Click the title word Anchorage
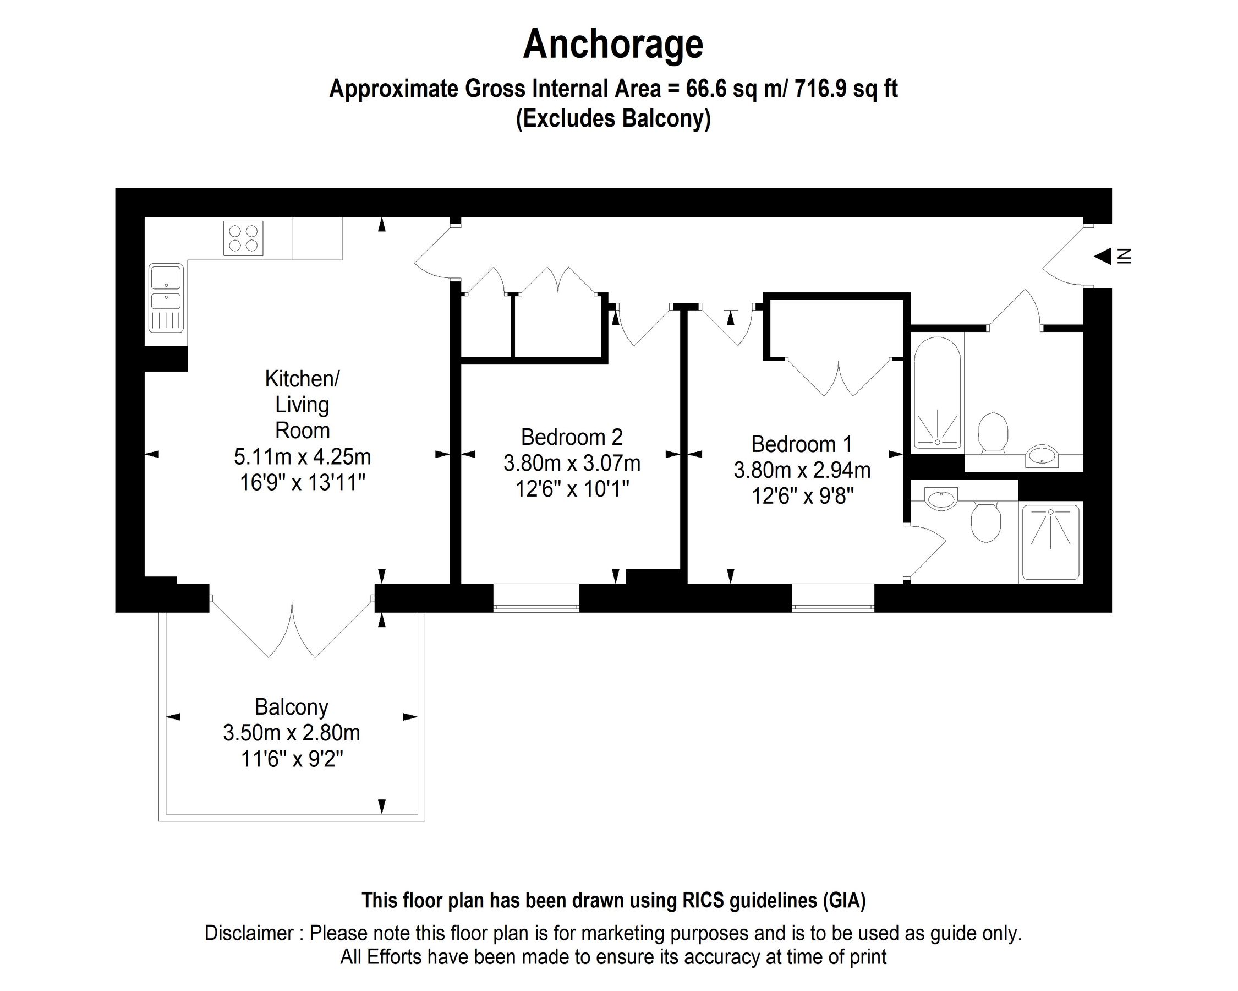(613, 45)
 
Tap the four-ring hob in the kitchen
(243, 238)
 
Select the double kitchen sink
(166, 298)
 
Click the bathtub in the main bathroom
(936, 394)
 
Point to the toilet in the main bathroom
(993, 432)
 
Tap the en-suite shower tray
(1050, 542)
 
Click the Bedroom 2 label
(571, 437)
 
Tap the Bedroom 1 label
(801, 444)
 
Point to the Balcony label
(291, 706)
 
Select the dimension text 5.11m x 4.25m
(302, 457)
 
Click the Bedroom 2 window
(536, 598)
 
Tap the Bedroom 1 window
(832, 598)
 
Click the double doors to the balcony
(292, 629)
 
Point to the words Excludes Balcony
(613, 118)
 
